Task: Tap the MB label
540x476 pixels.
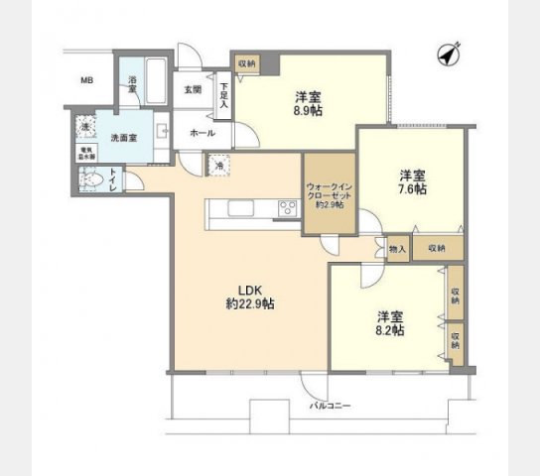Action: pos(86,81)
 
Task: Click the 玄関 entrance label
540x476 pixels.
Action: pos(192,89)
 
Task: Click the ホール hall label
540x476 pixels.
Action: pos(196,131)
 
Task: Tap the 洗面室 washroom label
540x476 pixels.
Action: pos(124,138)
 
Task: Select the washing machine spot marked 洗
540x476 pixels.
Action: pos(85,128)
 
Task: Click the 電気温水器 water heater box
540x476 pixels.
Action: pos(87,154)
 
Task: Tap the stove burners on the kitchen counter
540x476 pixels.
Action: pos(287,208)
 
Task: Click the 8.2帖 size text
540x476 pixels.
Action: pos(389,332)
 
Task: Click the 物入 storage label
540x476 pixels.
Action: pos(397,249)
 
